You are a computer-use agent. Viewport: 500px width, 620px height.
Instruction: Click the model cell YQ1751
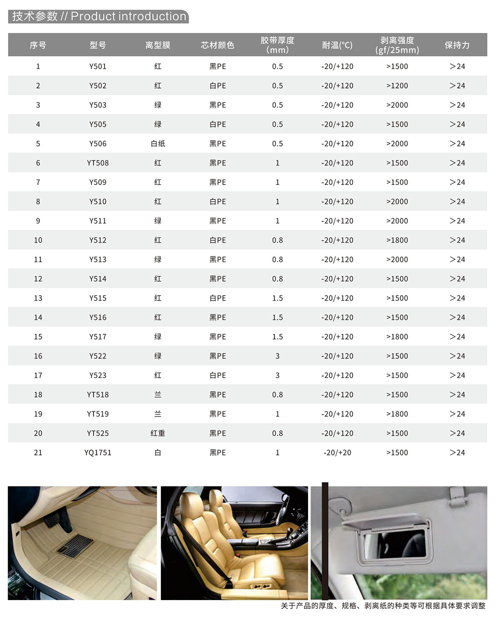97,452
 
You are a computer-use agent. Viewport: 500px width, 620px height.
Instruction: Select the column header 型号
97,45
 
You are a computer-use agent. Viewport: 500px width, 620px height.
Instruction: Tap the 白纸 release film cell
157,143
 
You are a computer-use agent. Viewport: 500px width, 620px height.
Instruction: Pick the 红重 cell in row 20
157,433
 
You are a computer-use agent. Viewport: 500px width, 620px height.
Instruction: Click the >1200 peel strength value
397,85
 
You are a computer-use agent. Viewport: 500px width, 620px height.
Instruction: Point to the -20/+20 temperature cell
337,452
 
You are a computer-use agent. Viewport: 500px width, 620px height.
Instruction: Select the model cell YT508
97,163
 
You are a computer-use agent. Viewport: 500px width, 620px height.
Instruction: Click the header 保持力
457,45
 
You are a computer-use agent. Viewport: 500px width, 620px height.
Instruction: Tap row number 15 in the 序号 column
38,337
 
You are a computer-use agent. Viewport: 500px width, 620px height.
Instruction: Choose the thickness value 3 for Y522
277,356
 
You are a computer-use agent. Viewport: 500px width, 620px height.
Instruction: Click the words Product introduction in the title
128,16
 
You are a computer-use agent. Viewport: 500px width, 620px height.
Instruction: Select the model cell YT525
97,433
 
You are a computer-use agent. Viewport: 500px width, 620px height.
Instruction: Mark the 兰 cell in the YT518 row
157,394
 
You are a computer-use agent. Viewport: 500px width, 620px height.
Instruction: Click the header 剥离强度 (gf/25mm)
397,45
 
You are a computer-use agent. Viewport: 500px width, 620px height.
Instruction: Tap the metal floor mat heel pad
75,545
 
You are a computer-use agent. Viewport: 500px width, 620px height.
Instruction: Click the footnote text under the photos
383,606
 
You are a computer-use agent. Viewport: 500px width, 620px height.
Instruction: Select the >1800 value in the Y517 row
397,337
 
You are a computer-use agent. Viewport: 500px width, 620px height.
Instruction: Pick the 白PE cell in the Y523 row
217,375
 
